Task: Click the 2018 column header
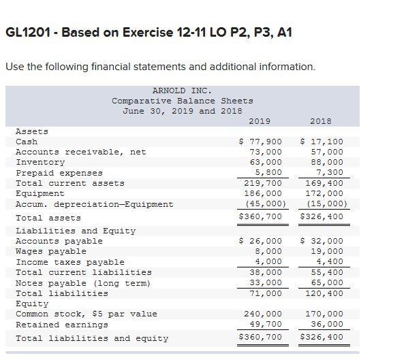pos(320,121)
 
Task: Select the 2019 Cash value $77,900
pos(260,142)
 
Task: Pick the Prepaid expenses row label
pos(59,173)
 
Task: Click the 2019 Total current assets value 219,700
pos(262,183)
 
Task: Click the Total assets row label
pos(48,218)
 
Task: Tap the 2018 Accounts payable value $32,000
pos(322,241)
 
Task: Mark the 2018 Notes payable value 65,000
pos(327,282)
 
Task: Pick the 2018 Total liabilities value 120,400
pos(324,293)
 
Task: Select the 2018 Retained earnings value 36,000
pos(327,324)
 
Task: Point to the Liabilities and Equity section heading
pos(75,231)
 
